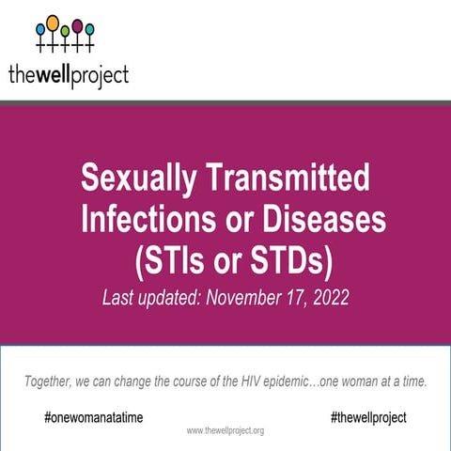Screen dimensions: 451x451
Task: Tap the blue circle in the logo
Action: [x=40, y=29]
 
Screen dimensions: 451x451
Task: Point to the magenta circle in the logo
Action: [x=77, y=23]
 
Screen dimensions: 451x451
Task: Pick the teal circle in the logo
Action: [x=89, y=29]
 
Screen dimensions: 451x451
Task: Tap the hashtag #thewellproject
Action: [x=368, y=416]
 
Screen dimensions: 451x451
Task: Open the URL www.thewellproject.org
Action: [x=225, y=430]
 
